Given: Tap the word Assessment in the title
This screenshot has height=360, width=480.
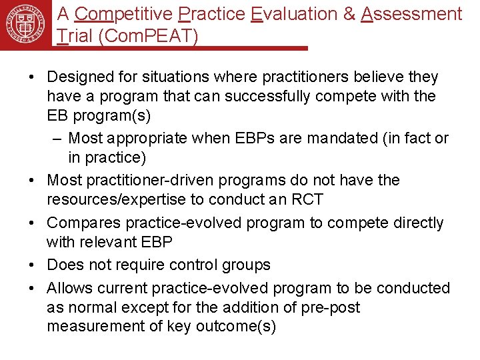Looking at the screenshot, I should click(411, 14).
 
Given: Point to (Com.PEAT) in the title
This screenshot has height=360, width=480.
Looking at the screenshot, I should click(148, 37).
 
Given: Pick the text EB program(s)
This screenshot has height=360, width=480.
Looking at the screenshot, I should click(99, 115).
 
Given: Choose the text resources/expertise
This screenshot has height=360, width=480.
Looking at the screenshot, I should click(125, 199).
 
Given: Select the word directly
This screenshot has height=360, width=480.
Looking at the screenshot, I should click(413, 223).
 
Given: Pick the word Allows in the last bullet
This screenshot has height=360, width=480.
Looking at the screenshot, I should click(70, 288).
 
